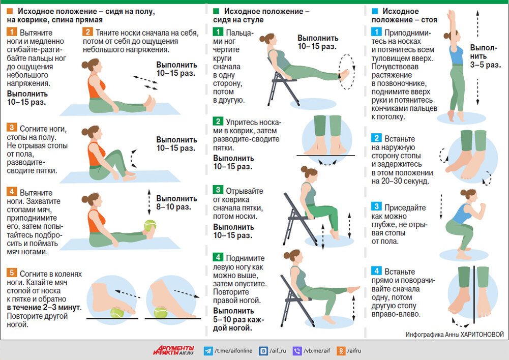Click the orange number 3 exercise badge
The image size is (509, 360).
click(x=11, y=127)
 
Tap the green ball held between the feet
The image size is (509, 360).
click(x=150, y=225)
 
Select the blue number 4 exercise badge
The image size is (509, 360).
click(x=376, y=271)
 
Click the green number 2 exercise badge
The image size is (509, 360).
click(x=218, y=122)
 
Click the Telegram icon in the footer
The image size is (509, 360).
click(x=208, y=351)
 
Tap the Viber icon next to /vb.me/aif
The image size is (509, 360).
click(x=297, y=351)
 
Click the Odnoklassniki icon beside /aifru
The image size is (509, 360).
click(x=341, y=351)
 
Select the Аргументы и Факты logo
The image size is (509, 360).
click(x=173, y=350)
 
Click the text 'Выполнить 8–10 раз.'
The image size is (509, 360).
click(x=176, y=202)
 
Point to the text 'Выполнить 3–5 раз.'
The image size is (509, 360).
click(x=485, y=56)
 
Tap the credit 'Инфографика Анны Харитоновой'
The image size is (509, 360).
click(x=455, y=335)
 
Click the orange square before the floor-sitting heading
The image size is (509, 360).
click(x=10, y=11)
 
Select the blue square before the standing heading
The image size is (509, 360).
click(x=375, y=11)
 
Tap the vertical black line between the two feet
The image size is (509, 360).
click(x=474, y=294)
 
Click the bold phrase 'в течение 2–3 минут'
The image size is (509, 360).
click(x=44, y=308)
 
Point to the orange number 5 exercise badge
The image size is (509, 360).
click(x=11, y=273)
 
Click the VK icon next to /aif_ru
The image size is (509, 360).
click(x=263, y=351)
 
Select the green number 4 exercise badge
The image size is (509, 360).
click(x=218, y=257)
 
